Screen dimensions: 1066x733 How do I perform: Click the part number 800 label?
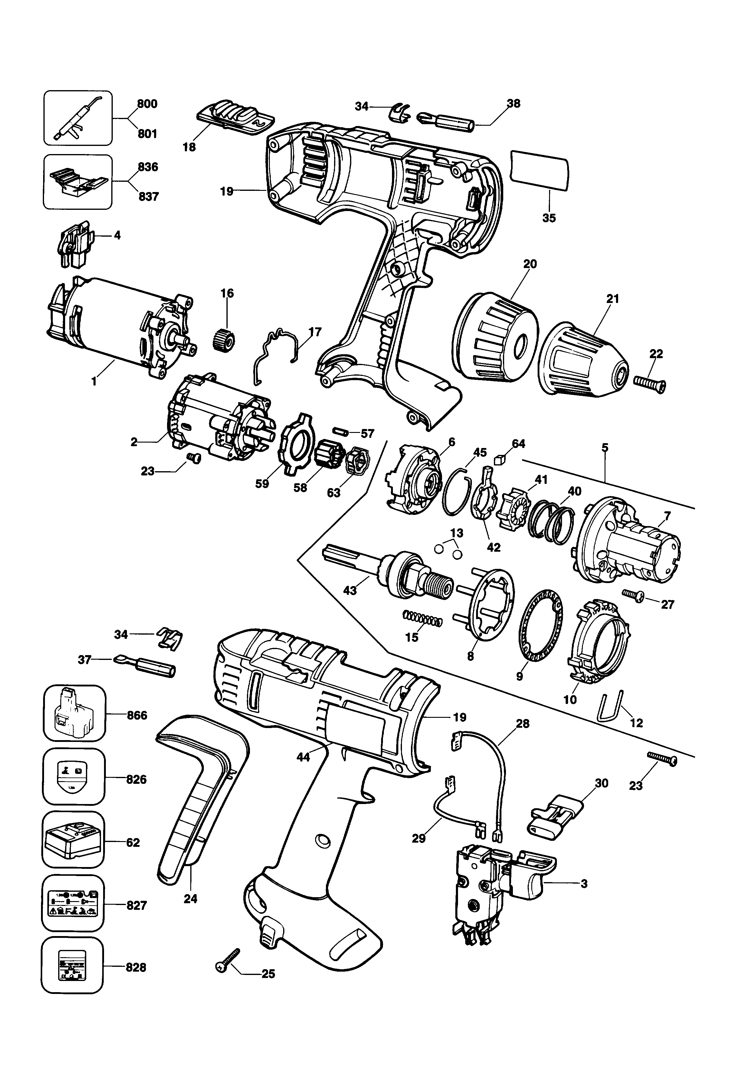point(147,104)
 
